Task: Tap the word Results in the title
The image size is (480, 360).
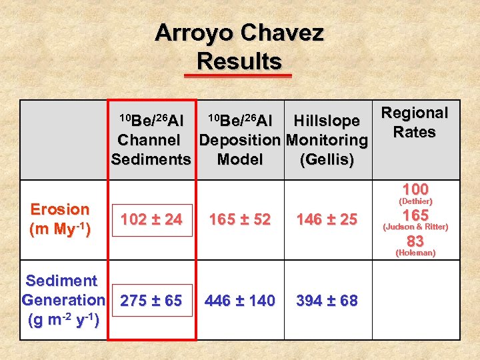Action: click(x=239, y=61)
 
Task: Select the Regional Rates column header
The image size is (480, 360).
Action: click(x=414, y=123)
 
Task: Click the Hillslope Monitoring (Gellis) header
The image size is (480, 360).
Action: click(x=327, y=140)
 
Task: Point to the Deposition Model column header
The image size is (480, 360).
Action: click(x=240, y=140)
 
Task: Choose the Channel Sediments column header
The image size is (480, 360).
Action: click(x=151, y=140)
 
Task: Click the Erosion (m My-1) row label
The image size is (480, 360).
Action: click(x=60, y=219)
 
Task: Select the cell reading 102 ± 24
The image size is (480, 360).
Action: click(x=151, y=220)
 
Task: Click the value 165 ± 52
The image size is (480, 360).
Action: click(x=240, y=219)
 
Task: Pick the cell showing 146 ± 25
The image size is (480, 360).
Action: click(x=327, y=219)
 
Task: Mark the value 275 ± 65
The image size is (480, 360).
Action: click(x=151, y=301)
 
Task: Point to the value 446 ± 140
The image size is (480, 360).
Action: click(x=240, y=301)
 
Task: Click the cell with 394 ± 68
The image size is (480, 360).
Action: click(x=327, y=301)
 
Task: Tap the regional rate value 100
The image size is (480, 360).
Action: click(x=415, y=189)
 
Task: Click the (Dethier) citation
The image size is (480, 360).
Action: click(x=415, y=201)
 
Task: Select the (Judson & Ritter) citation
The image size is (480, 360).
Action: click(x=415, y=227)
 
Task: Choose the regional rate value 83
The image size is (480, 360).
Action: click(x=415, y=241)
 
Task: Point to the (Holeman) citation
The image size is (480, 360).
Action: click(x=415, y=253)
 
